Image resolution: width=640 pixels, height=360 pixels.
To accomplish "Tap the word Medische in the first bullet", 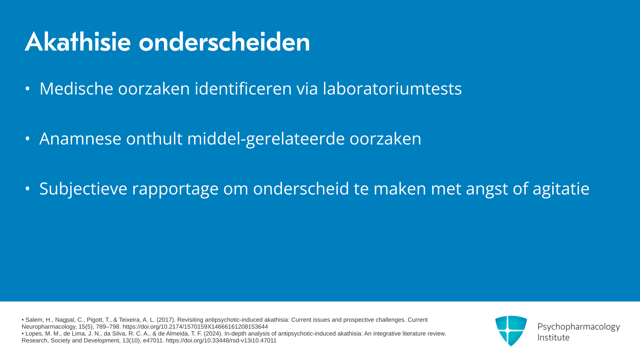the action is [76, 89].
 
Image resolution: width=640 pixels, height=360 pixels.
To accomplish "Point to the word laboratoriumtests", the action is [392, 89].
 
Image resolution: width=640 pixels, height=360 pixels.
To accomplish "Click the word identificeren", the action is [243, 89].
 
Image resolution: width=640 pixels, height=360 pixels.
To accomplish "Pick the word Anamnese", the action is [80, 139].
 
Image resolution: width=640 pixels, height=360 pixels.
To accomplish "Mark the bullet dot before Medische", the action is [28, 89].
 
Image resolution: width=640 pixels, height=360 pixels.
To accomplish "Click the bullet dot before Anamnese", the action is [28, 139].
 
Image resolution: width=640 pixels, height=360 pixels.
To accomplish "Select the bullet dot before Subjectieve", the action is [28, 189].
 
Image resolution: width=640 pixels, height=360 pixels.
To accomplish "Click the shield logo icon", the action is [511, 330].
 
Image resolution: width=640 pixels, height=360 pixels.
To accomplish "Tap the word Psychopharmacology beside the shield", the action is [579, 327].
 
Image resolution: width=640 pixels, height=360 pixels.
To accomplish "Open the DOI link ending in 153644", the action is [195, 327].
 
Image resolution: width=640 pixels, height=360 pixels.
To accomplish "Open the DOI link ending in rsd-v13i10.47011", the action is [221, 341].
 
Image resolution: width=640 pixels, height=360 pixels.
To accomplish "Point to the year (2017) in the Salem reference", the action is [166, 320].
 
